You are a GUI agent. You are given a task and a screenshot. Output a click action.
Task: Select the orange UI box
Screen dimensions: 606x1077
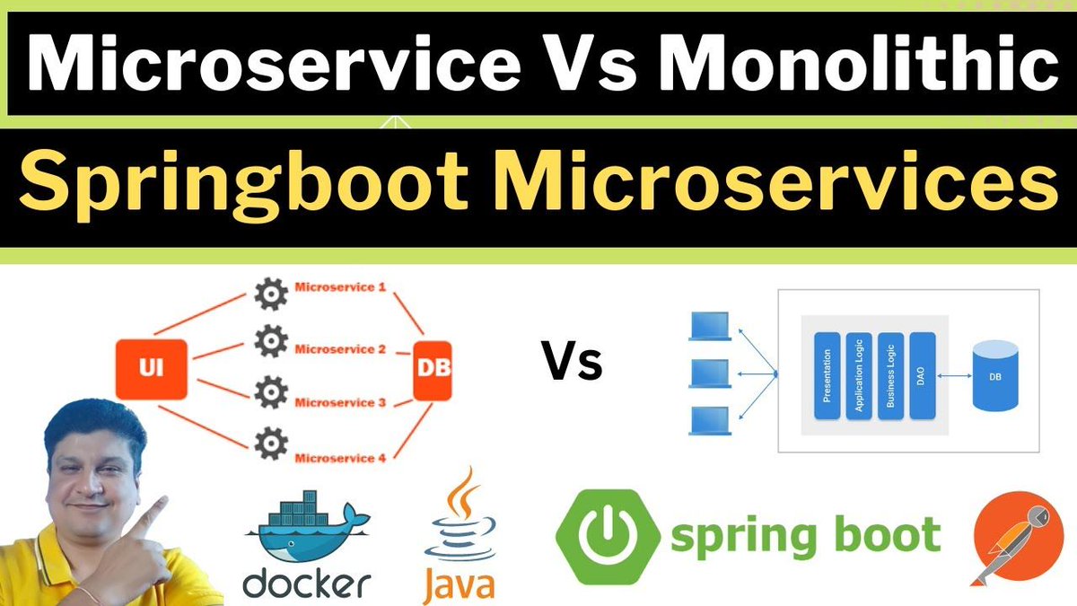(152, 368)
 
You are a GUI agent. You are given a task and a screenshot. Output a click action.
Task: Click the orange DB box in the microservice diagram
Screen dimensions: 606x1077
(433, 368)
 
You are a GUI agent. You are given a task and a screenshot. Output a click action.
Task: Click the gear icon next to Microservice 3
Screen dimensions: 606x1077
(268, 392)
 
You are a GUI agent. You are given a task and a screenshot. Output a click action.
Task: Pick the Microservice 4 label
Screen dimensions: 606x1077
(340, 458)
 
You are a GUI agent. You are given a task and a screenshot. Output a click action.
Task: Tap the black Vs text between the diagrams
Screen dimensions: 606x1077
(572, 364)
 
